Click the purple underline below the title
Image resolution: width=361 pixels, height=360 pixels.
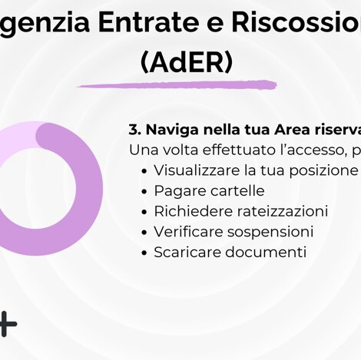point(177,84)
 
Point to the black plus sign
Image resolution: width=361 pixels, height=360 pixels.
point(7,323)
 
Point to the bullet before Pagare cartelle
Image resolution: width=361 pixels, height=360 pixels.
point(145,190)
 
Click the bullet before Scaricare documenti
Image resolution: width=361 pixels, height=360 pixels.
point(145,252)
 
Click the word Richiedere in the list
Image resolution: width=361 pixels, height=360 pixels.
point(188,211)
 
